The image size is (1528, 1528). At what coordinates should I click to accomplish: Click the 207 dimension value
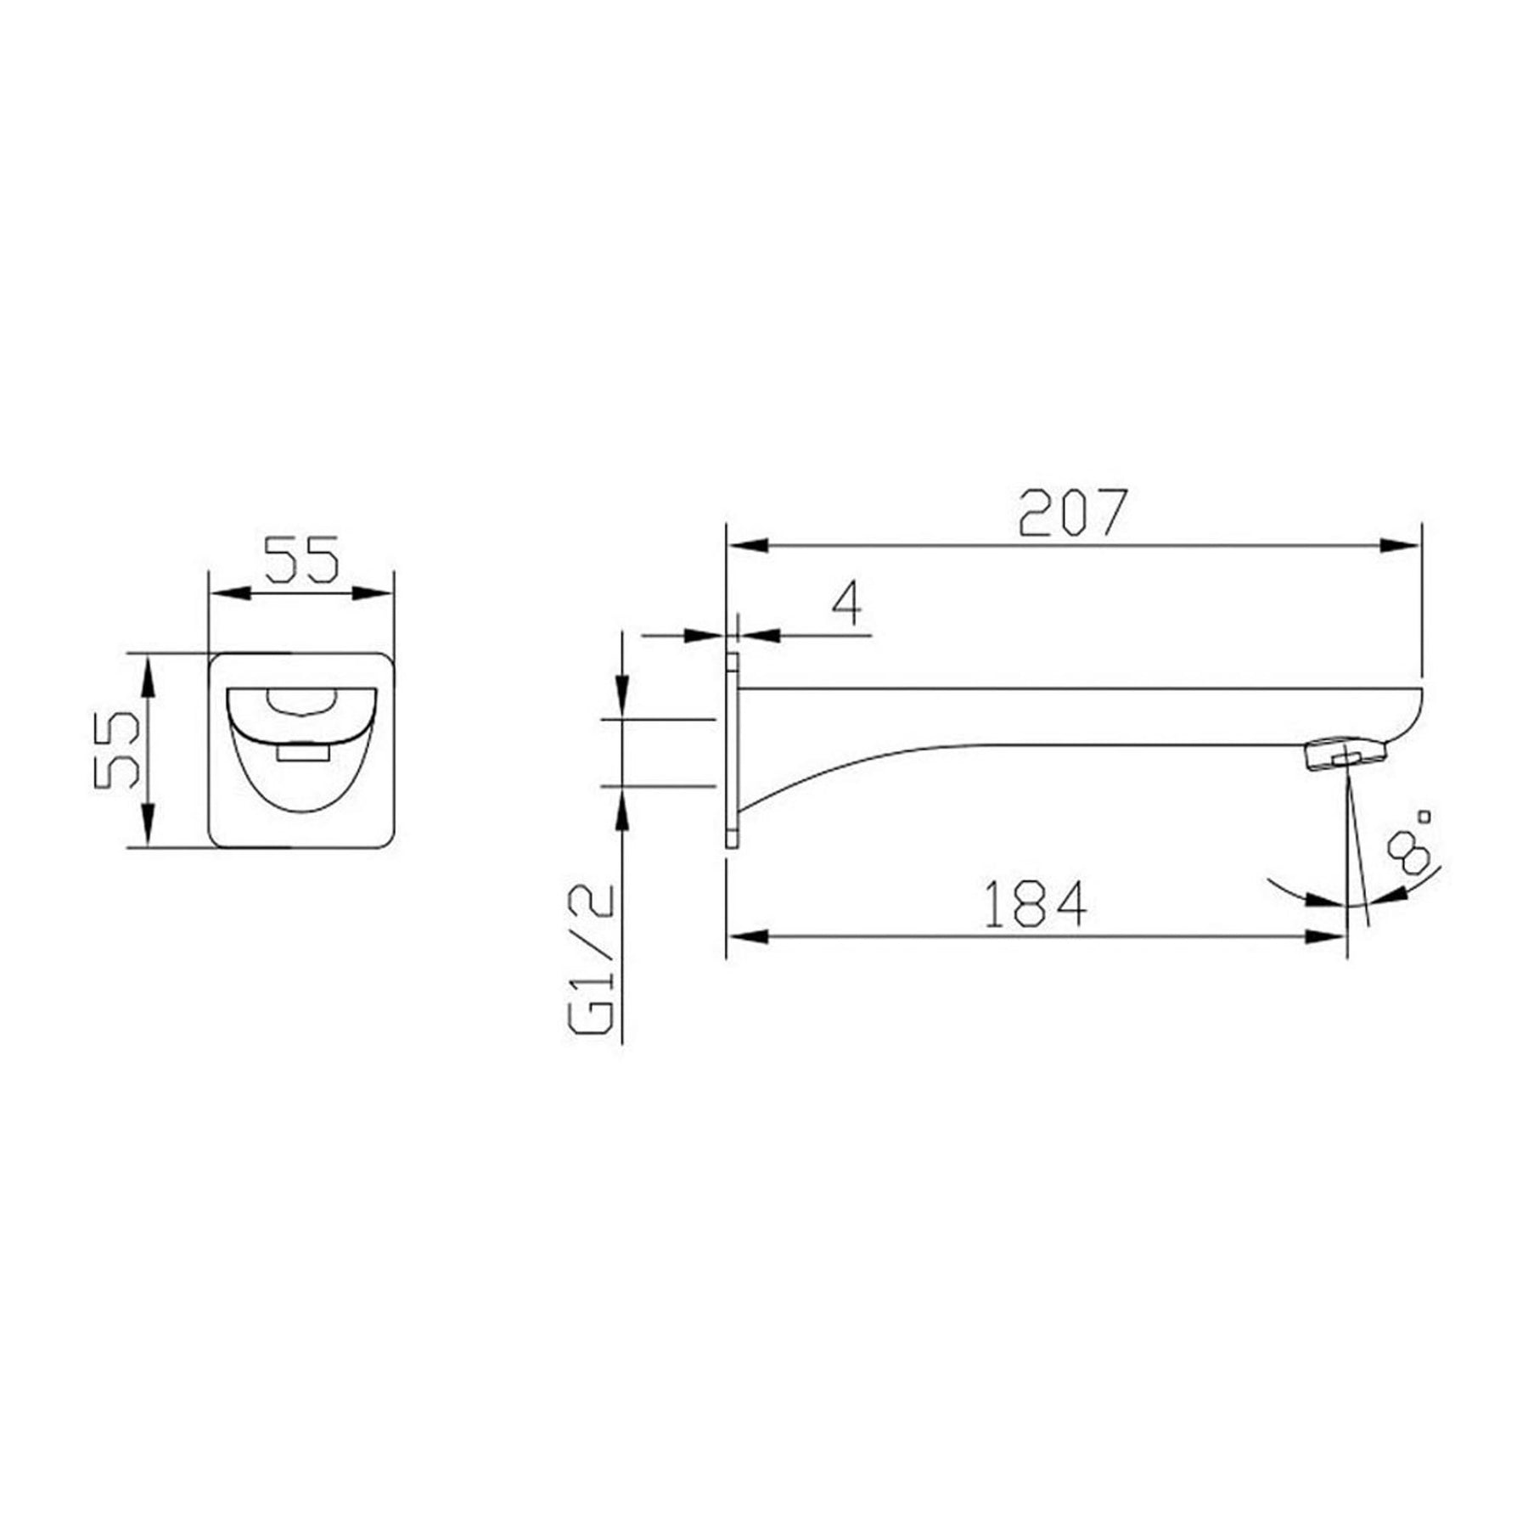coord(1073,512)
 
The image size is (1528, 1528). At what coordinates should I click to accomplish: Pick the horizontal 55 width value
coord(302,559)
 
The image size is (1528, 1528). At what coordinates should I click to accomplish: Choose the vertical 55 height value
coord(116,750)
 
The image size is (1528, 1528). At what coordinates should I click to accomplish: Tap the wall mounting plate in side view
coord(733,750)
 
